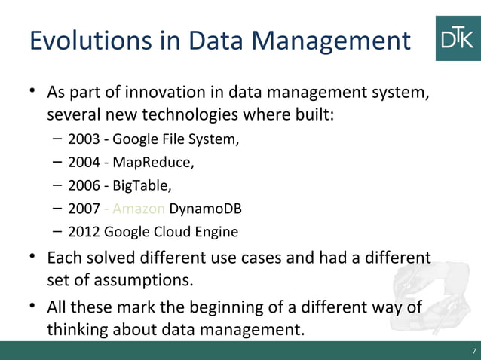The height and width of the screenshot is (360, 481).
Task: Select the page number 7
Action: click(x=473, y=352)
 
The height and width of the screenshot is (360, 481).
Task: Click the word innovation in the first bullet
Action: click(x=146, y=95)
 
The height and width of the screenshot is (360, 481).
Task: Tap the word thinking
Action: click(x=78, y=330)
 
